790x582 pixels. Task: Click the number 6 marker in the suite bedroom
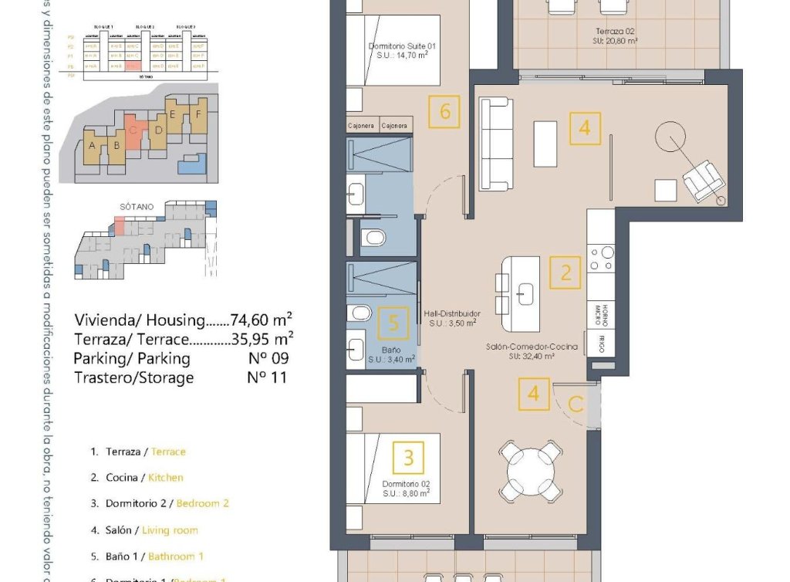click(x=445, y=112)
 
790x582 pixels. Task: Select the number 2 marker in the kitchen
click(x=565, y=273)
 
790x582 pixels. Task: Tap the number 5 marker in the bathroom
click(x=394, y=323)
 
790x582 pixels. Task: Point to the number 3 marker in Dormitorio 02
click(x=409, y=458)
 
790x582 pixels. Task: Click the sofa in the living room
click(x=495, y=144)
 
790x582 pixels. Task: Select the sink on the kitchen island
click(x=526, y=291)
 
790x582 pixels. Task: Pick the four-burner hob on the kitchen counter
click(x=601, y=257)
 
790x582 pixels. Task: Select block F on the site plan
click(x=199, y=113)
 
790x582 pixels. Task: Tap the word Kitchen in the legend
click(x=166, y=478)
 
